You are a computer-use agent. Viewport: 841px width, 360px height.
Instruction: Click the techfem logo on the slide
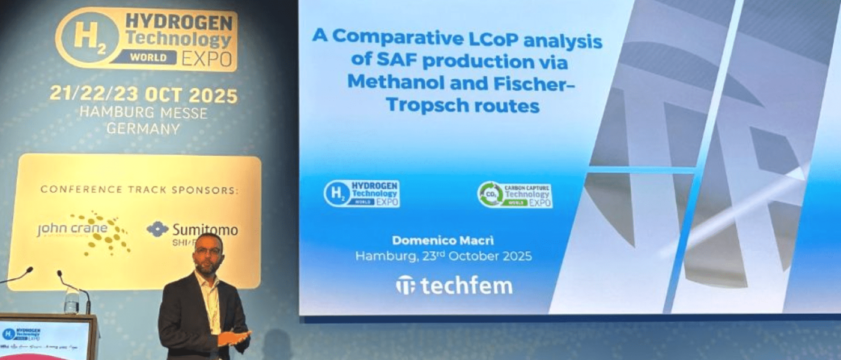tap(454, 285)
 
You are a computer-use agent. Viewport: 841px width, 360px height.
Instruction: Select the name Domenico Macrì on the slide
tap(443, 240)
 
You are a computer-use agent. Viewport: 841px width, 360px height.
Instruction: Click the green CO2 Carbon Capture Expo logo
tap(515, 195)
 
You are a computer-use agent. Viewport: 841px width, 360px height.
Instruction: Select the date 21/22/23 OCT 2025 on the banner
tap(144, 94)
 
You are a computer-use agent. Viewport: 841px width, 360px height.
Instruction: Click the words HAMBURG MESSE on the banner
tap(144, 112)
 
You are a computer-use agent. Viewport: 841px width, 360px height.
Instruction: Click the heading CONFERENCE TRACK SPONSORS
tap(139, 190)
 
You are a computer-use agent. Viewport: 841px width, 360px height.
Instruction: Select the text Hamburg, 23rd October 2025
tap(443, 256)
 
